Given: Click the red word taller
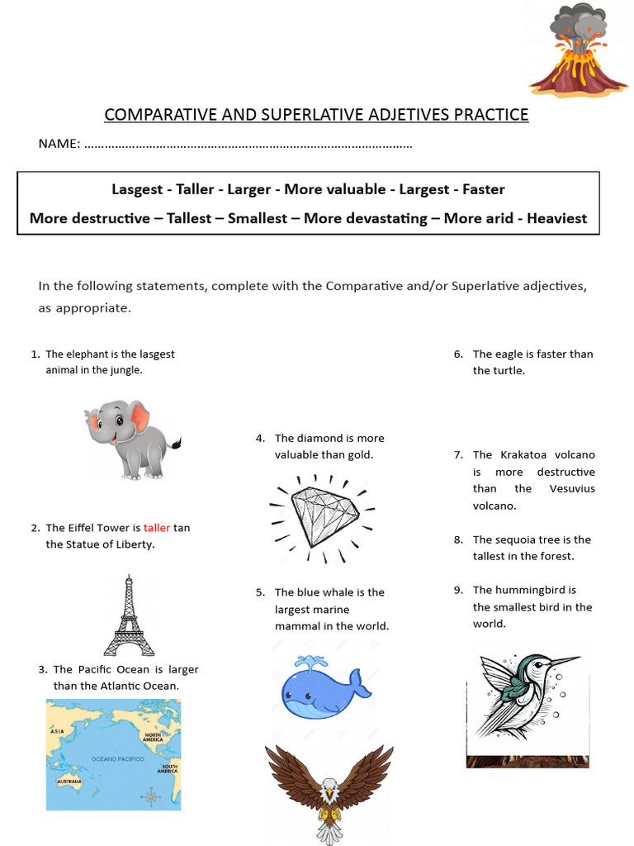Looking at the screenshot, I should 156,528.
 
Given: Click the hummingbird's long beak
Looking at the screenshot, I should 565,662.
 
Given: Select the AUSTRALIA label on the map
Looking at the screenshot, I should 69,781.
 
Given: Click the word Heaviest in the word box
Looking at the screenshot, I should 556,219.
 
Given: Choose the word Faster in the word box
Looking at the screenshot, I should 483,189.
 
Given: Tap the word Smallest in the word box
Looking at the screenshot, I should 258,219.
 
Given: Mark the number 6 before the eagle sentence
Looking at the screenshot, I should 457,354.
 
